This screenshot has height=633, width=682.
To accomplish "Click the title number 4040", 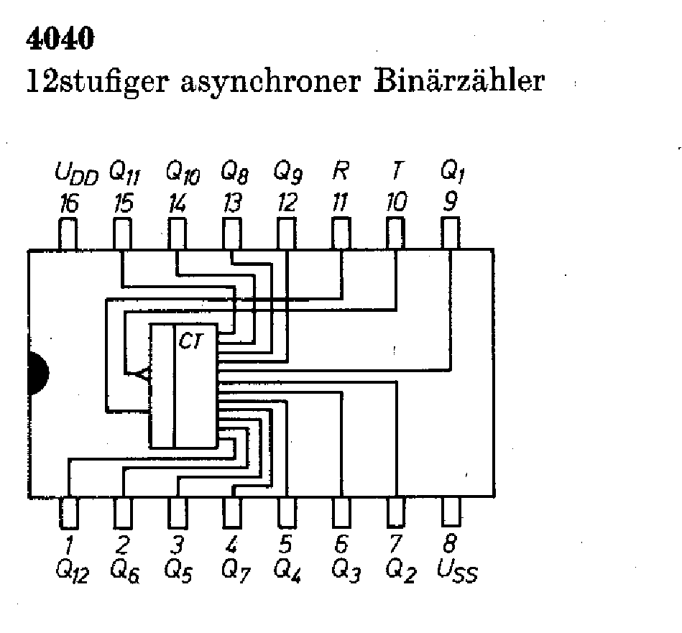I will click(x=60, y=40).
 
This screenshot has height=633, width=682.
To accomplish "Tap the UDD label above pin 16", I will click(x=75, y=174).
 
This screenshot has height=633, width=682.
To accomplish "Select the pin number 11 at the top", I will click(x=339, y=204).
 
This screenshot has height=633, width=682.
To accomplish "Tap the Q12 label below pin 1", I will click(x=71, y=571).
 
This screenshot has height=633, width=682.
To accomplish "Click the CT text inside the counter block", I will click(x=191, y=342).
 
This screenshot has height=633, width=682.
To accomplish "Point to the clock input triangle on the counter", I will click(x=142, y=374).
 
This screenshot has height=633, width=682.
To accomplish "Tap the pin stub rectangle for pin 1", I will click(x=68, y=512).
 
